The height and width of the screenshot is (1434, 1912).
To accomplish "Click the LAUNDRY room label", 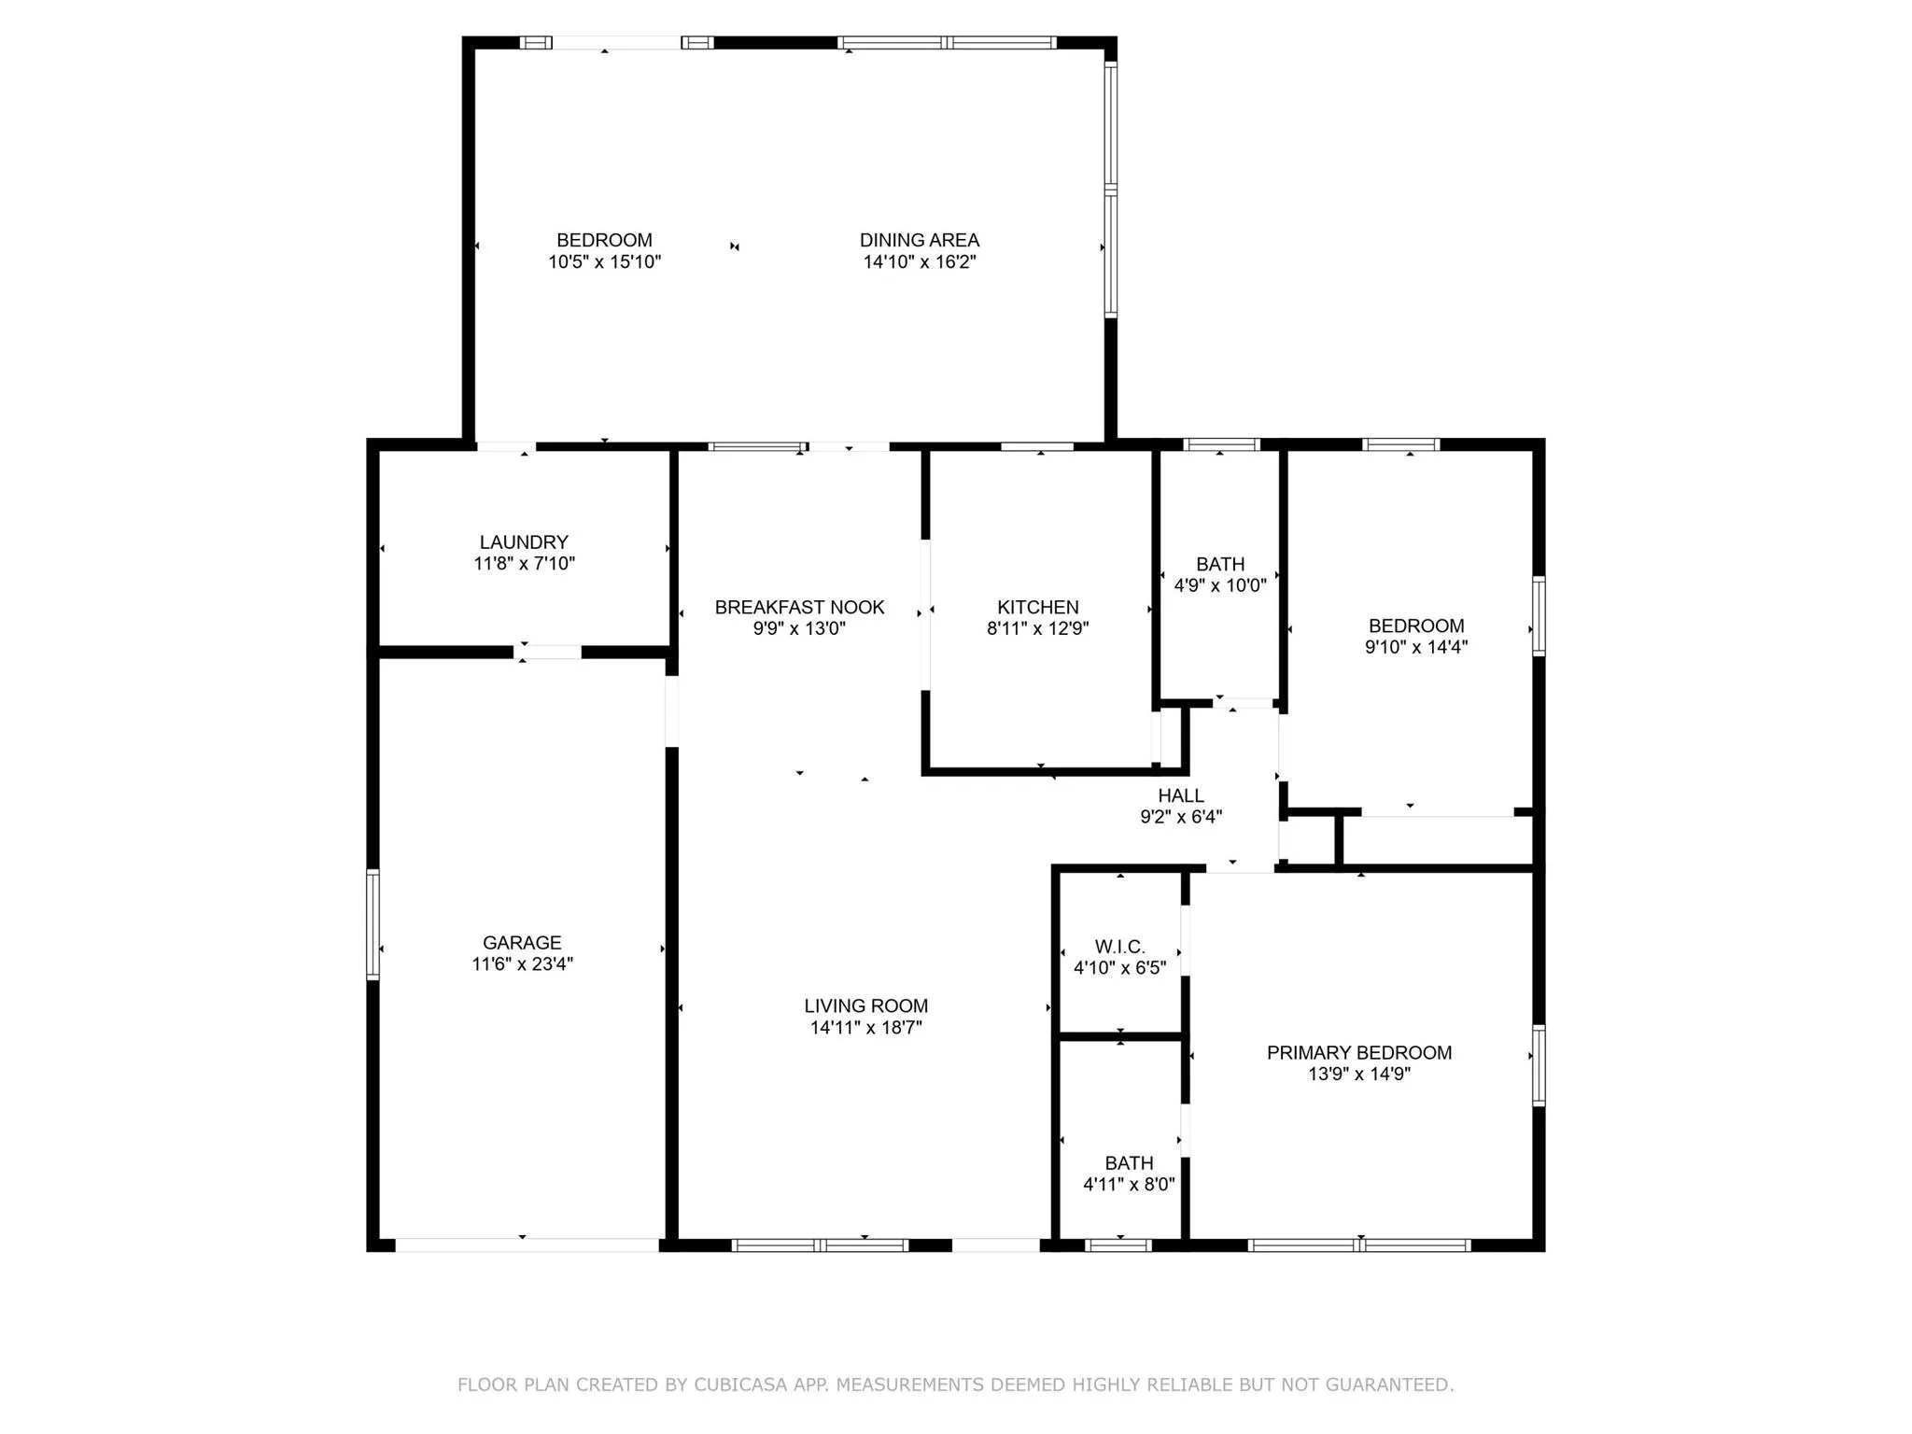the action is (524, 542).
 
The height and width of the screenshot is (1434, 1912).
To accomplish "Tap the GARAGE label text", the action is (522, 943).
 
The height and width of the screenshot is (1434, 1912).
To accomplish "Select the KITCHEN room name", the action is (1037, 608).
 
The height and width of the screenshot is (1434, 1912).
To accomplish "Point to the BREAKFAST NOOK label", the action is (799, 608).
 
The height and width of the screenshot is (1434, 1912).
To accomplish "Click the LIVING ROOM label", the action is (866, 1006).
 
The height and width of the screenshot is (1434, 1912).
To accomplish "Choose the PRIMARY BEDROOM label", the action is (1359, 1053).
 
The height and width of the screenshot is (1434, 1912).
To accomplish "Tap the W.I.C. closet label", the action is (1119, 947).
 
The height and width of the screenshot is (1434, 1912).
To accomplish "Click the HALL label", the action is (1181, 796).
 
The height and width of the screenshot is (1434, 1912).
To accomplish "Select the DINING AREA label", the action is (920, 241).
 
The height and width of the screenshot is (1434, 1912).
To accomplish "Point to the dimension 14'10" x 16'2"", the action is (920, 262).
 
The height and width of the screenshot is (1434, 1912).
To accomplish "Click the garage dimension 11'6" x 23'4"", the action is (522, 964).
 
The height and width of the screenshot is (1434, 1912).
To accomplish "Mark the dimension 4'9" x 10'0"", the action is (1220, 586).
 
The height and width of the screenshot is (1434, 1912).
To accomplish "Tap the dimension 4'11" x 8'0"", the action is (1129, 1185).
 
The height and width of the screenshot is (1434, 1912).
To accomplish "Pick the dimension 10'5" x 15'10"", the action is (604, 262).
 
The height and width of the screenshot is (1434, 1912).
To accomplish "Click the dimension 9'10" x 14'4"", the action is (1416, 647).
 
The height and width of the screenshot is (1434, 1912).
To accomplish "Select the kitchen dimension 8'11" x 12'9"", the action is (1037, 629).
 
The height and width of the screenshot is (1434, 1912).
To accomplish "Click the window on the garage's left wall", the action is (373, 924).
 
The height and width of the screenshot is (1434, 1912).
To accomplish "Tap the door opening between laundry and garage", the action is (548, 653).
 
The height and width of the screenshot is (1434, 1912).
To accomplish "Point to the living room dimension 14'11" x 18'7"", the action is (866, 1028).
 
